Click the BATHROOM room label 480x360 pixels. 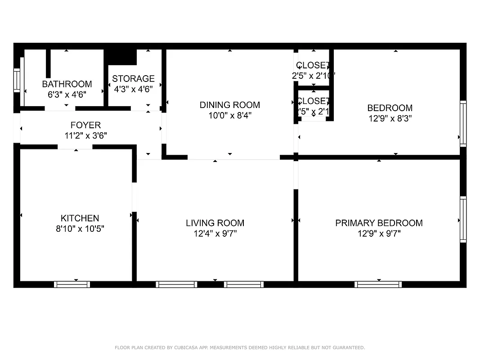[67, 84]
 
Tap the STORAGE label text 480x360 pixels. [133, 79]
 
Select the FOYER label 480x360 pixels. [85, 125]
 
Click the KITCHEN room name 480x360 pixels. [80, 218]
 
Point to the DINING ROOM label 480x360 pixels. [229, 105]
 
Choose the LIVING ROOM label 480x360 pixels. [215, 223]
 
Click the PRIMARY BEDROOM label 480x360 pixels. [379, 223]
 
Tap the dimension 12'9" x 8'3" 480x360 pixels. [390, 119]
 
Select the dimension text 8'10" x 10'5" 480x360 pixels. [80, 229]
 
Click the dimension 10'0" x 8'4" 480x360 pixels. [229, 115]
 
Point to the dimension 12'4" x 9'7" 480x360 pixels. [215, 233]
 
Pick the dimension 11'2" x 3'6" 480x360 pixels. [85, 135]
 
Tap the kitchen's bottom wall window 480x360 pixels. [72, 284]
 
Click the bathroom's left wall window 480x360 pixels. [17, 81]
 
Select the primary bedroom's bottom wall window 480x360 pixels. [378, 284]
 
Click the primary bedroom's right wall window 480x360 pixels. [463, 219]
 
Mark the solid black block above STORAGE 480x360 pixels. [120, 57]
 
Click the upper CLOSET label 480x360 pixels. [313, 66]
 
